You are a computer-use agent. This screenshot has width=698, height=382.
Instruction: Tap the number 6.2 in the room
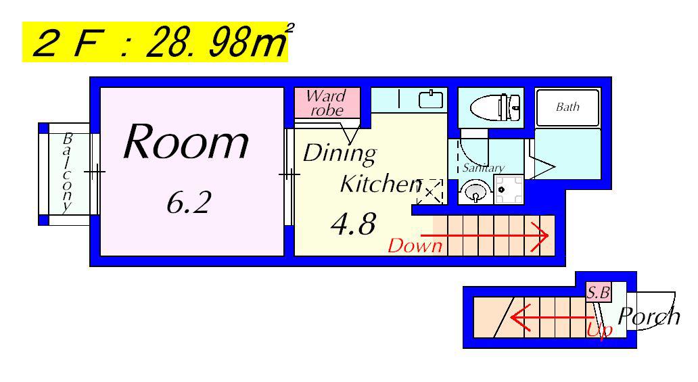click(x=189, y=203)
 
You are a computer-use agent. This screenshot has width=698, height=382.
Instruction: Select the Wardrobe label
click(x=327, y=103)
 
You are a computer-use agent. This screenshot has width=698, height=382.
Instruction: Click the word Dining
click(x=340, y=154)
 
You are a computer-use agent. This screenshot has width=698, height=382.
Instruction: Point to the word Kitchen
click(x=380, y=183)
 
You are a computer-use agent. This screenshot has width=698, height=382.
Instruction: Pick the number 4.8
click(x=354, y=224)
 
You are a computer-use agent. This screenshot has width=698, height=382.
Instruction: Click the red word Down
click(x=415, y=245)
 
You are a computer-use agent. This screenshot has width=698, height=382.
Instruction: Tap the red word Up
click(x=600, y=330)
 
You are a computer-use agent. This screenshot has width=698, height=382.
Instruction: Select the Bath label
click(x=567, y=107)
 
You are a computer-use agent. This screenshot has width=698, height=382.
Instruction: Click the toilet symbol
click(x=495, y=108)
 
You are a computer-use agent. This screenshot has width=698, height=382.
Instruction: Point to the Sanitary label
click(x=484, y=168)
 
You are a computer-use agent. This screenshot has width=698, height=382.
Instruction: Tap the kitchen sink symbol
click(x=430, y=99)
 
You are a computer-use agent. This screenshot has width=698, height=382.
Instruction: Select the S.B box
click(x=598, y=293)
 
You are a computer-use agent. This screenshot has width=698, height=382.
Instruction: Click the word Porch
click(x=649, y=316)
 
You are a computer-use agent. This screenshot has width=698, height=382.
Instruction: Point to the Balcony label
click(x=67, y=172)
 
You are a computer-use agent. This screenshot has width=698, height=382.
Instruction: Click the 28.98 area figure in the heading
click(x=216, y=43)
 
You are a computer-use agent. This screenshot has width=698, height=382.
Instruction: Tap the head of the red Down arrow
click(x=542, y=235)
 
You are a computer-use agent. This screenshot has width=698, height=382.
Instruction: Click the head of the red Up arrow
click(x=519, y=318)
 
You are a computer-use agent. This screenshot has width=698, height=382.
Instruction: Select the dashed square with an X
click(x=429, y=192)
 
